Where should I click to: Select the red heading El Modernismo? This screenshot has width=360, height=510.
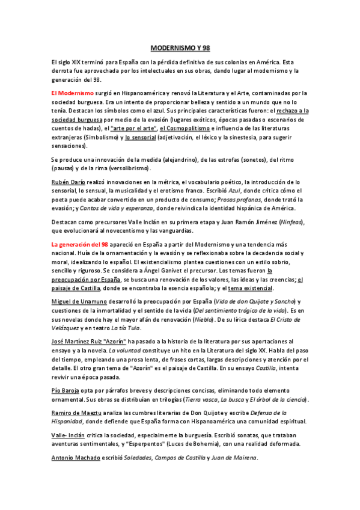coord(72,93)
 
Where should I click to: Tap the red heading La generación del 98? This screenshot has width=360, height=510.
coord(80,245)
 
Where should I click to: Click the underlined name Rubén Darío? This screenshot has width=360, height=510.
coord(68,181)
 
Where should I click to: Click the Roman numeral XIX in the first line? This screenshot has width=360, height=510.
coord(76,61)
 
